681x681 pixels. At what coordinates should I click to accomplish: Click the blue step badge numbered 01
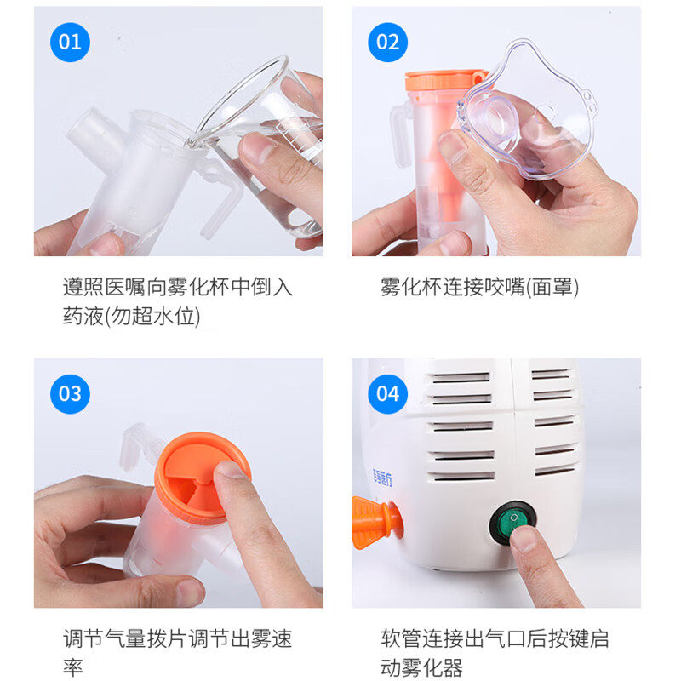(x=70, y=42)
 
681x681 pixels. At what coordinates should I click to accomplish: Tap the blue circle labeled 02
(x=387, y=42)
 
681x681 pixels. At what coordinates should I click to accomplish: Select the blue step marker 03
(x=70, y=394)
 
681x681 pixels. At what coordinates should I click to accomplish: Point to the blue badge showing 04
(x=387, y=394)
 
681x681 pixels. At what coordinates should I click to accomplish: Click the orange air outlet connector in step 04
(x=376, y=522)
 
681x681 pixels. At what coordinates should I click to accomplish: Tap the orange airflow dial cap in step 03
(x=203, y=477)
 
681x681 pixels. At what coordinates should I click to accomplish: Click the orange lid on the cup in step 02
(x=444, y=80)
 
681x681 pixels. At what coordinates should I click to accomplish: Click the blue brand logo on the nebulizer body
(x=382, y=478)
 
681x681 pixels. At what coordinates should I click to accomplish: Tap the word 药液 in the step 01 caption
(x=83, y=316)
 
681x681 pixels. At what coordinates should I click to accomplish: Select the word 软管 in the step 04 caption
(x=401, y=639)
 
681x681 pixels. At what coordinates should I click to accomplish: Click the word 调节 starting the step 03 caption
(x=83, y=639)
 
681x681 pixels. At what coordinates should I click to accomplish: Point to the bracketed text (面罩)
(x=552, y=288)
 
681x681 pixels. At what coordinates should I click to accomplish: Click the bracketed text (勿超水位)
(x=152, y=316)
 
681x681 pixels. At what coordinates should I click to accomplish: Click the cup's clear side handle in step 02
(x=401, y=135)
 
